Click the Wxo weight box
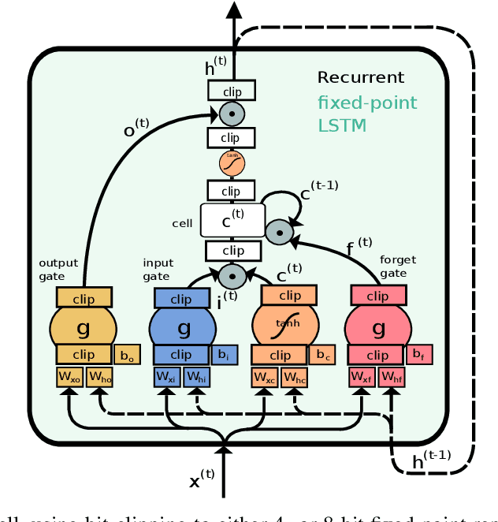pyautogui.click(x=69, y=378)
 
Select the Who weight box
pyautogui.click(x=100, y=378)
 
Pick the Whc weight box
pyautogui.click(x=295, y=378)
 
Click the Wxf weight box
pyautogui.click(x=362, y=378)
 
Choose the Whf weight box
pyautogui.click(x=392, y=378)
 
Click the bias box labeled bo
pyautogui.click(x=127, y=356)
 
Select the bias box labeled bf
pyautogui.click(x=421, y=356)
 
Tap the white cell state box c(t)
pyautogui.click(x=232, y=221)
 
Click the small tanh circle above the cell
pyautogui.click(x=232, y=162)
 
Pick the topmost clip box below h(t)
pyautogui.click(x=232, y=91)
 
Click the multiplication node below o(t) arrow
pyautogui.click(x=232, y=114)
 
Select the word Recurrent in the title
pyautogui.click(x=360, y=77)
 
